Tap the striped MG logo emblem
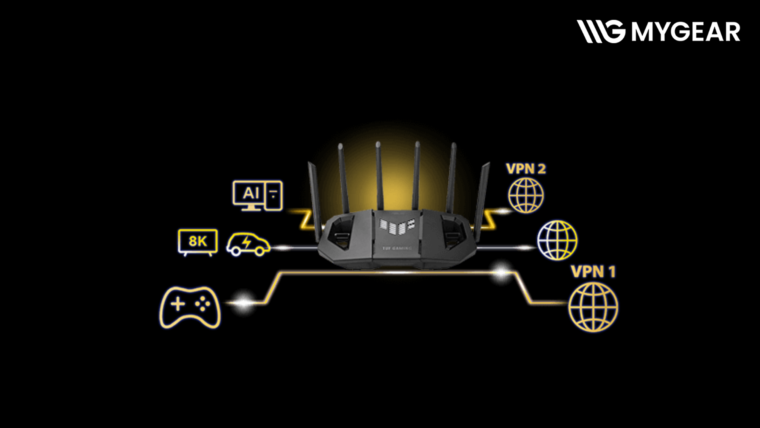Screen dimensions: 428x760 [600, 31]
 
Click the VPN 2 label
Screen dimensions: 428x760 [526, 169]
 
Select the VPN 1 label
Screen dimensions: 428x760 [593, 272]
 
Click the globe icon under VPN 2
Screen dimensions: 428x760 [526, 195]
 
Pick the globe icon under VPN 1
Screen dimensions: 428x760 [593, 307]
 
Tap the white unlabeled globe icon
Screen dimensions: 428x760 [557, 241]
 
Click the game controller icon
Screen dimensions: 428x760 [190, 307]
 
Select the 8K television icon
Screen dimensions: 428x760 [198, 241]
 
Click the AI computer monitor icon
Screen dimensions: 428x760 [257, 195]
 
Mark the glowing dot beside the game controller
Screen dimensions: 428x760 [243, 303]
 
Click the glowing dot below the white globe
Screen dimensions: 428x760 [502, 272]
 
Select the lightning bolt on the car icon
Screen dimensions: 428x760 [247, 242]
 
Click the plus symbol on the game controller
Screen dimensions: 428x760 [177, 304]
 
